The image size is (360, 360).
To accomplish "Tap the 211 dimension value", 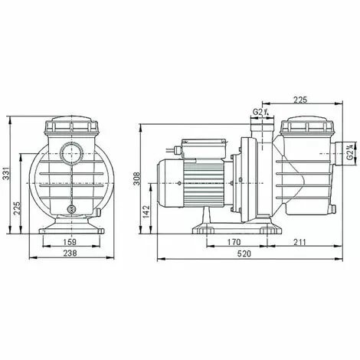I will click(x=299, y=245).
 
